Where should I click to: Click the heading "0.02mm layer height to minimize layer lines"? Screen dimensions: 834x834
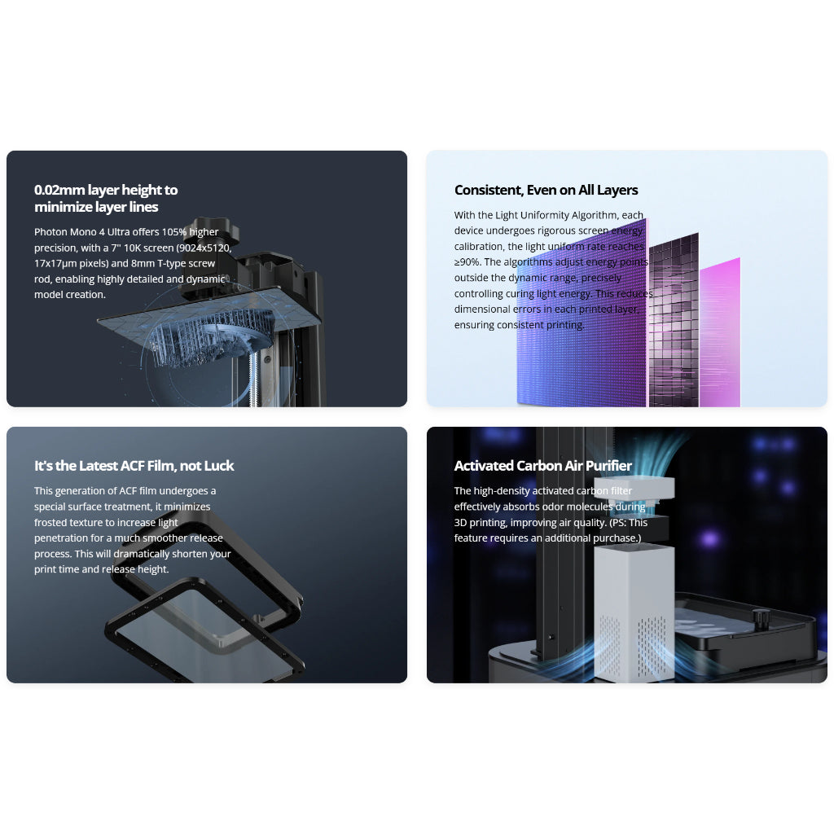[106, 198]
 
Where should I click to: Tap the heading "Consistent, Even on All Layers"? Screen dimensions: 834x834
[546, 190]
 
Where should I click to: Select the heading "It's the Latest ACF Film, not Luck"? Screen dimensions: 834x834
[134, 466]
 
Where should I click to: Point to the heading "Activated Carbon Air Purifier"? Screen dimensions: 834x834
[542, 466]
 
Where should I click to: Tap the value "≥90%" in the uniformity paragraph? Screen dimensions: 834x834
[468, 262]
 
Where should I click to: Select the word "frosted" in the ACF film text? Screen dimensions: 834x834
[51, 523]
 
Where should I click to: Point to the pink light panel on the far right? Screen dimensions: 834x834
[720, 334]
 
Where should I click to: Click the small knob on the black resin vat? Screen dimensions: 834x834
[761, 620]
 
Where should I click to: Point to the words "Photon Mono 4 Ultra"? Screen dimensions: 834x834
[81, 232]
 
